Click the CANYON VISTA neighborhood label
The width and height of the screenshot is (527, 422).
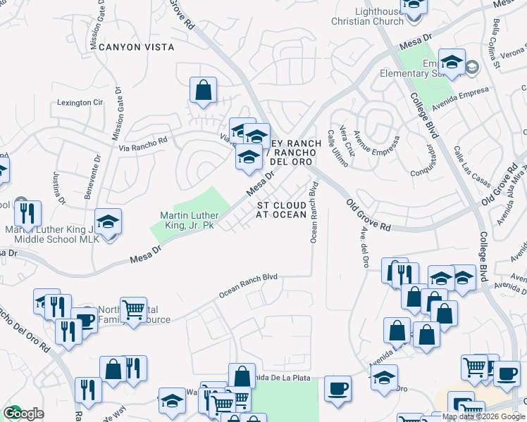pyautogui.click(x=136, y=47)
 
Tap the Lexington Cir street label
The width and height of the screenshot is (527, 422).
pyautogui.click(x=80, y=103)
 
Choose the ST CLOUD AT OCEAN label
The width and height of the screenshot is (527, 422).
pyautogui.click(x=281, y=209)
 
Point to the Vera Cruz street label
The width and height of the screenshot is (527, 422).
pyautogui.click(x=345, y=139)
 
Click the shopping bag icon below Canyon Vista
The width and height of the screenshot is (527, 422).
pyautogui.click(x=203, y=90)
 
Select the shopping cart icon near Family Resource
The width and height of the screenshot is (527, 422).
pyautogui.click(x=132, y=309)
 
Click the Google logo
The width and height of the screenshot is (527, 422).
pyautogui.click(x=23, y=414)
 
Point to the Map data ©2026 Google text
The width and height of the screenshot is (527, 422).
pyautogui.click(x=483, y=416)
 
